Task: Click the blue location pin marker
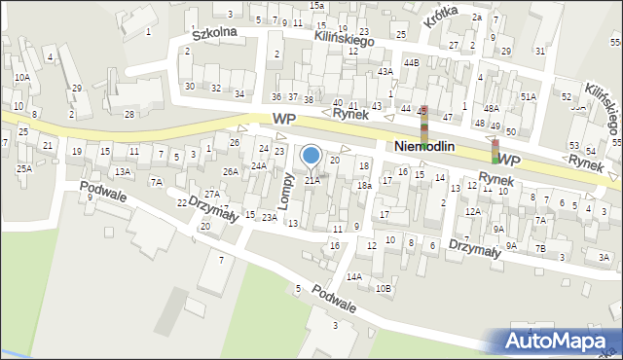(311, 156)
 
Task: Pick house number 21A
(311, 180)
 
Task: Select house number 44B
(412, 62)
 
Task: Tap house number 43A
(385, 72)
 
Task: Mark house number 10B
(384, 287)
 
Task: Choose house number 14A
(354, 276)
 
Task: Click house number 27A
(211, 195)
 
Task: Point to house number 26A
(230, 171)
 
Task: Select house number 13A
(122, 171)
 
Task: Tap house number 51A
(528, 97)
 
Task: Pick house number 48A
(492, 108)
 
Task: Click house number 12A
(473, 211)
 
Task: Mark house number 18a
(363, 185)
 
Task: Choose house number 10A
(21, 77)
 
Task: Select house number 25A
(23, 168)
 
